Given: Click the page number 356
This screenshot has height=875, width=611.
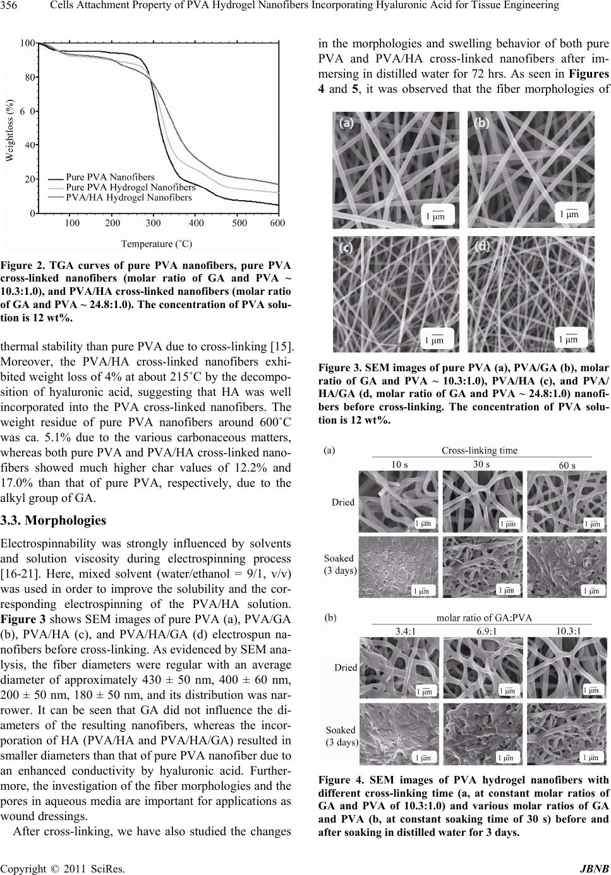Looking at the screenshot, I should coord(9,6).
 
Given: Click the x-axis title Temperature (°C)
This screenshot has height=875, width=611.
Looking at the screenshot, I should coord(157,242).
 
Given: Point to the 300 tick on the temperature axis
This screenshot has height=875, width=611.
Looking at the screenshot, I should coord(153,223).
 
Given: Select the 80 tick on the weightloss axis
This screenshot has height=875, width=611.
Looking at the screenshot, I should coord(28,78).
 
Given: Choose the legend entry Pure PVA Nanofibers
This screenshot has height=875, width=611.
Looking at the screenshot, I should coord(111,177).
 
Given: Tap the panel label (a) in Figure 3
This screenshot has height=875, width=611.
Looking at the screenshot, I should coord(346,124).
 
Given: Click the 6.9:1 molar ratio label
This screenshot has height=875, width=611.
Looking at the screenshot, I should coord(483,629).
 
